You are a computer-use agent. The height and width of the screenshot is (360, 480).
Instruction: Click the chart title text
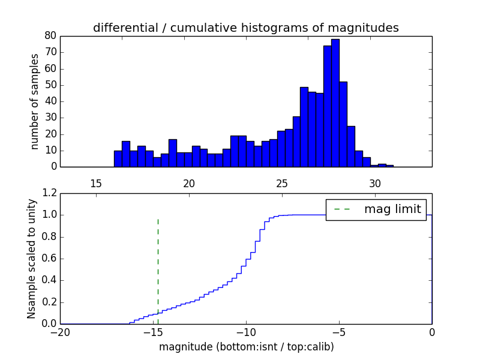pyautogui.click(x=245, y=28)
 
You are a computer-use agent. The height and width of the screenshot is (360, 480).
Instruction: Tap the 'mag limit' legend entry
pyautogui.click(x=376, y=209)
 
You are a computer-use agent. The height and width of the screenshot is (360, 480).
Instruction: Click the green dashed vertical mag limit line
pyautogui.click(x=158, y=264)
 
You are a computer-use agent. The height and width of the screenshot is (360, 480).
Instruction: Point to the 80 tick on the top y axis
pyautogui.click(x=50, y=36)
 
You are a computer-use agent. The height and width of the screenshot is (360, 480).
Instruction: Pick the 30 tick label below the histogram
pyautogui.click(x=375, y=183)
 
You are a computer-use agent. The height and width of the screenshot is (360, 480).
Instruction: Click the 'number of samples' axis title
pyautogui.click(x=35, y=101)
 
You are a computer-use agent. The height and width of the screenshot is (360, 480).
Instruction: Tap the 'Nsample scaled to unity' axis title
pyautogui.click(x=31, y=259)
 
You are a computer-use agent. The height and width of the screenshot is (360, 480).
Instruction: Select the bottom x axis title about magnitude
pyautogui.click(x=246, y=347)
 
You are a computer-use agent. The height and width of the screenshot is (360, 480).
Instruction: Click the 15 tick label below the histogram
pyautogui.click(x=96, y=183)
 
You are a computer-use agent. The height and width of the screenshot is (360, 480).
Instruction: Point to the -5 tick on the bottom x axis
pyautogui.click(x=339, y=332)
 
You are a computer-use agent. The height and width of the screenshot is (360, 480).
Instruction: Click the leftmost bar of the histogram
pyautogui.click(x=118, y=159)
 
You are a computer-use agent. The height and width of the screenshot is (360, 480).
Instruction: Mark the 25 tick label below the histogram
pyautogui.click(x=282, y=183)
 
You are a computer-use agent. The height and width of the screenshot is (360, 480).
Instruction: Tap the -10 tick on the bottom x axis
pyautogui.click(x=246, y=332)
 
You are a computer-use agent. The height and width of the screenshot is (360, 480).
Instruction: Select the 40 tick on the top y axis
pyautogui.click(x=50, y=101)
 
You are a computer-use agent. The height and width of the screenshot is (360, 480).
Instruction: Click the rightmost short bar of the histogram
pyautogui.click(x=390, y=166)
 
